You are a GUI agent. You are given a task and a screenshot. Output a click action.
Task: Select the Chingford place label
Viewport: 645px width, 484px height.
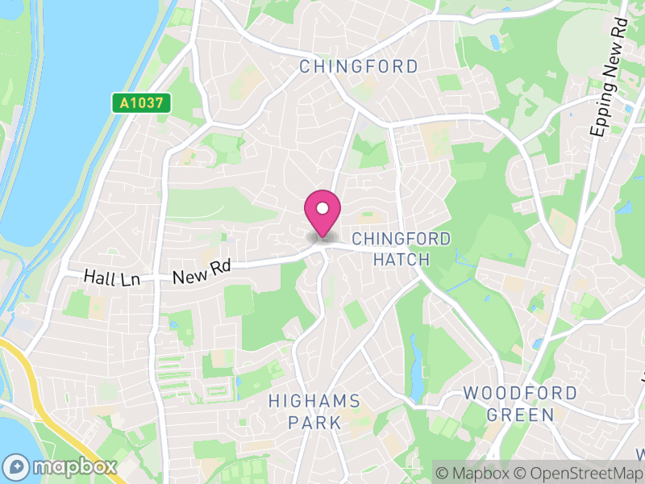pos(359,66)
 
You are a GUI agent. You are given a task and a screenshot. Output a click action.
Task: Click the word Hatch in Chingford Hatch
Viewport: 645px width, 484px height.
pos(402,260)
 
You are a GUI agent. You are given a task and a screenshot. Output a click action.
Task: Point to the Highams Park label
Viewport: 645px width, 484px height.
pos(314,411)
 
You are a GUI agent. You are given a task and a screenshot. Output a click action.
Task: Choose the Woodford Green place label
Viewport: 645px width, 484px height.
pos(520,404)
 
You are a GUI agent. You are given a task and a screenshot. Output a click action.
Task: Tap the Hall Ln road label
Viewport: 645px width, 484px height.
pos(112,278)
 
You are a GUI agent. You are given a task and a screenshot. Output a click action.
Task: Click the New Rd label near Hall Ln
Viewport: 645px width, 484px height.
pos(202,271)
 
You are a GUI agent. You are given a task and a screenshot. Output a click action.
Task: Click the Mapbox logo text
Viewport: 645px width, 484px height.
pos(74,466)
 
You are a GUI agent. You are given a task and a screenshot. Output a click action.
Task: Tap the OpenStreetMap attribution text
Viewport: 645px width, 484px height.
pos(579,474)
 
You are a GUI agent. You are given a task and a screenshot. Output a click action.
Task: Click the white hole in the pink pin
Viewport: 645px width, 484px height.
pos(322,208)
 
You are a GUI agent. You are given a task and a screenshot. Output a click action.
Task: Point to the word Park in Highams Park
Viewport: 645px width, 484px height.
pos(315,423)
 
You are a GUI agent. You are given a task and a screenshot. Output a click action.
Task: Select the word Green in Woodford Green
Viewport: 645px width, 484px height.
pos(520,415)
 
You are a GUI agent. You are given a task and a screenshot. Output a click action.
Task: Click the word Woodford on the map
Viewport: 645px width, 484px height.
pos(520,394)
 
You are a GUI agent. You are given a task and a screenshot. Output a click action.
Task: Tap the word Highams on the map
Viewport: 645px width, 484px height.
pos(314,401)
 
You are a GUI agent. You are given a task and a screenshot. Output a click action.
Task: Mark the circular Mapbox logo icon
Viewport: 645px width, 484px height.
pos(18,466)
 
